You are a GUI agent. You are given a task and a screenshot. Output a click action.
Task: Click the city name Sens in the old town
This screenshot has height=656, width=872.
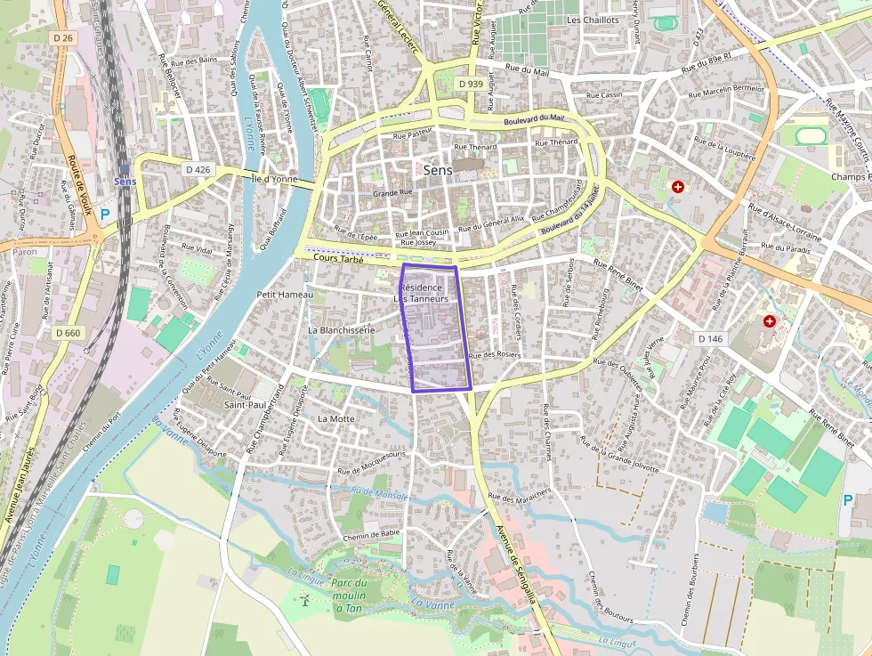[437, 169]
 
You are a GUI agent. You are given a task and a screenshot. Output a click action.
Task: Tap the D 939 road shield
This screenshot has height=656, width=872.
[472, 84]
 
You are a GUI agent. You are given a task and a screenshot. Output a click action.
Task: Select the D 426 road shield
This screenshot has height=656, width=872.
[198, 168]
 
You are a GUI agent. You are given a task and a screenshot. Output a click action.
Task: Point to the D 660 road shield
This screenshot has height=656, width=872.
[67, 333]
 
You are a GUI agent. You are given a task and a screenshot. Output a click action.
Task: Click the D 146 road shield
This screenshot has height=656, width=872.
[710, 339]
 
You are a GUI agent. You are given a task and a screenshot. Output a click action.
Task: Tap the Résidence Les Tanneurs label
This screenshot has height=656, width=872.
[422, 293]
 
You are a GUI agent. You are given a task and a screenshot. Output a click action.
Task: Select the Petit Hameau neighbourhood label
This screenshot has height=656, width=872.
[284, 295]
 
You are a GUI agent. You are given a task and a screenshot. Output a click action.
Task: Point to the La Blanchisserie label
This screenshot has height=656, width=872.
[341, 329]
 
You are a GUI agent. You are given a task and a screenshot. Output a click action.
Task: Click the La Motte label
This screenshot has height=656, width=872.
[335, 417]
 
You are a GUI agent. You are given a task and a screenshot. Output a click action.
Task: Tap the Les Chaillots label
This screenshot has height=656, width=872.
[593, 20]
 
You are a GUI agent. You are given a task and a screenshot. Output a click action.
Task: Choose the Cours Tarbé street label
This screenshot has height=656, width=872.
[340, 259]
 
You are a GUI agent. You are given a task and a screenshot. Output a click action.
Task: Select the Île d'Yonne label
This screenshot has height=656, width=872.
[274, 179]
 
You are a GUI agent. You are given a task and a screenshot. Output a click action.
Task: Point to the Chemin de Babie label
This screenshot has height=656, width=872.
[371, 534]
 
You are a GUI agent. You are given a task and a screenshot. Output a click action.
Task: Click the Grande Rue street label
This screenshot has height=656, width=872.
[392, 192]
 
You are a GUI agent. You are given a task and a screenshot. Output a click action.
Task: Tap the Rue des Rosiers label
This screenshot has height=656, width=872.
[494, 355]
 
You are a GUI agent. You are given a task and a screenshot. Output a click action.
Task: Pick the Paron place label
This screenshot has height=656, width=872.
[25, 252]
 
